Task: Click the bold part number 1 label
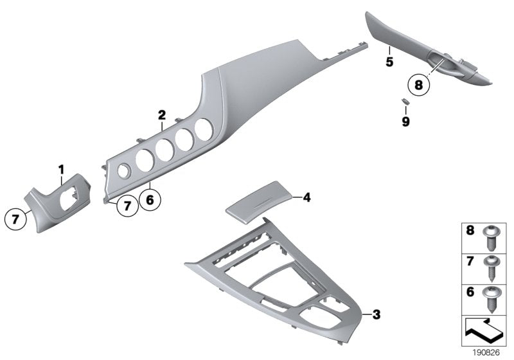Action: tap(62, 169)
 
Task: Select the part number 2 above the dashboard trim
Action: tap(162, 116)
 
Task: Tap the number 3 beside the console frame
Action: tap(377, 314)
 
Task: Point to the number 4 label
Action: tap(306, 199)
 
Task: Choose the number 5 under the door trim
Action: tap(389, 62)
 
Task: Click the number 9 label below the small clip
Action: tap(405, 120)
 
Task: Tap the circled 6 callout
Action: tap(149, 201)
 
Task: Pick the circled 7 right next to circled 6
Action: tap(127, 205)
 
